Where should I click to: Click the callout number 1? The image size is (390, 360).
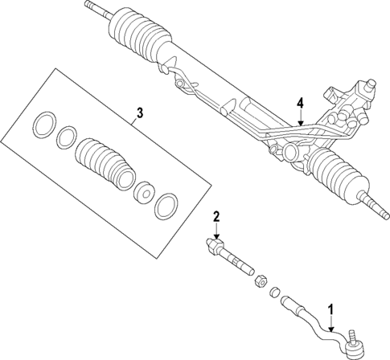pos(330,308)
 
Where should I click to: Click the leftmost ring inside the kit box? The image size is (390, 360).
pos(43,126)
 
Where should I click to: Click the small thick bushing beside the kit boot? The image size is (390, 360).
pos(146,194)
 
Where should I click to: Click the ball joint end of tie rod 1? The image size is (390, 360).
pos(354,346)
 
